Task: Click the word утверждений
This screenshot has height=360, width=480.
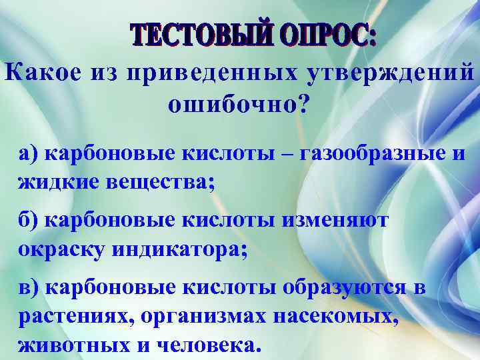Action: pos(393,74)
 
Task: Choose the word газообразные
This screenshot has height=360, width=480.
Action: pos(375,155)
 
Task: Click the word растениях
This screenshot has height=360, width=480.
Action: pos(70,316)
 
